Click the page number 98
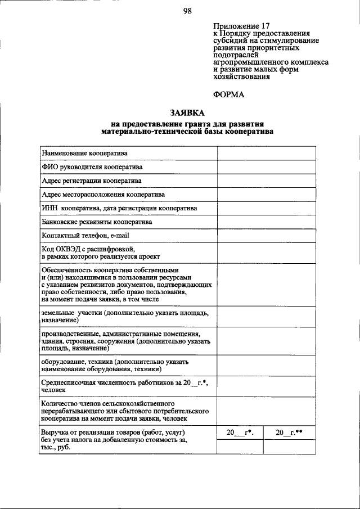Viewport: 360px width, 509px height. [x=188, y=11]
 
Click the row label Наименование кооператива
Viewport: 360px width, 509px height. [x=84, y=153]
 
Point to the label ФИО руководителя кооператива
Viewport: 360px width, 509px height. [x=92, y=167]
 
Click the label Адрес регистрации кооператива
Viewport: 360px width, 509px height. [x=91, y=181]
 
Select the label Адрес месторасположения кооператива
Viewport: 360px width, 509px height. [x=103, y=195]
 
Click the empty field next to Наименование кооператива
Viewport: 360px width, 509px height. [x=263, y=153]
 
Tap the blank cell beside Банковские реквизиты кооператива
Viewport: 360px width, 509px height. [x=263, y=222]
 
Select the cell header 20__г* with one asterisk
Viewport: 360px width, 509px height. [x=240, y=433]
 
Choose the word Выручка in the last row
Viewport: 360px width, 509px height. [x=55, y=432]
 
